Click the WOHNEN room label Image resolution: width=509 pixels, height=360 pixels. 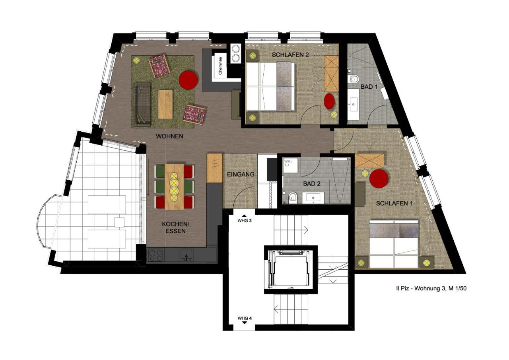[x=169, y=136]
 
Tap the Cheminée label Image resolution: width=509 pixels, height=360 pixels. [x=220, y=66]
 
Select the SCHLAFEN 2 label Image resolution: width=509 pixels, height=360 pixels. [x=290, y=55]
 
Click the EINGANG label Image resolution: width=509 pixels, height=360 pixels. [x=241, y=175]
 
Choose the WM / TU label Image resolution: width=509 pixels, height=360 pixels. [x=288, y=163]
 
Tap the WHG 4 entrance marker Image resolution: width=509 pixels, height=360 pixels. [x=245, y=319]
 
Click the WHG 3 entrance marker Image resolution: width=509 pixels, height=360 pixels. [x=245, y=219]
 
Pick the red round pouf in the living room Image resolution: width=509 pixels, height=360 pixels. [x=188, y=80]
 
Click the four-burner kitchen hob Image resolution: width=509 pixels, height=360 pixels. [x=156, y=255]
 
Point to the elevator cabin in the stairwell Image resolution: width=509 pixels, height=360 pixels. [x=291, y=270]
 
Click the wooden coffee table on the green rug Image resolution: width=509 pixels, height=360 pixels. [x=165, y=104]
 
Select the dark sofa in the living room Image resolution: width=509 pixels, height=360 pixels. [x=142, y=104]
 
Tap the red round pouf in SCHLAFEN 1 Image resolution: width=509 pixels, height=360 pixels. [x=379, y=179]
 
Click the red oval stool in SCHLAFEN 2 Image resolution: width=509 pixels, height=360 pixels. [x=329, y=101]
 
